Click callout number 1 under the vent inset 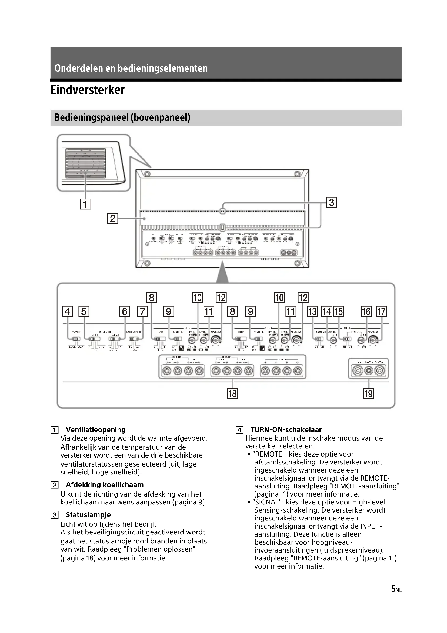tap(85, 204)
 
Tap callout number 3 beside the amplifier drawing tap(331, 202)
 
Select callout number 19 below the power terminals tap(368, 393)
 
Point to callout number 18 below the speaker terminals tap(232, 393)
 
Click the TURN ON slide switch tap(75, 339)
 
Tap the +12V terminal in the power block tap(358, 371)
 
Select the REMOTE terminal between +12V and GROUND tap(369, 371)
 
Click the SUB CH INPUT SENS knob tap(373, 340)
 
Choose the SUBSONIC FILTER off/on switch tap(319, 339)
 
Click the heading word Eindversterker tap(88, 90)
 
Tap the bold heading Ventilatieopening tap(95, 429)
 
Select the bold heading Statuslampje tap(88, 515)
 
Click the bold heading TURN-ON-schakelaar tap(286, 429)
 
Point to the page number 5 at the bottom tap(393, 589)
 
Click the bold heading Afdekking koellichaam tap(105, 485)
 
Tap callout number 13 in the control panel tap(312, 311)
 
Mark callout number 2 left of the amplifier tap(112, 218)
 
